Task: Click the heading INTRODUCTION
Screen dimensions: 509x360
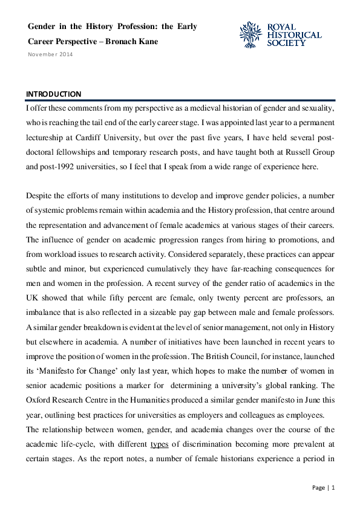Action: point(53,94)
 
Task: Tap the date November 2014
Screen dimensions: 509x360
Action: point(50,54)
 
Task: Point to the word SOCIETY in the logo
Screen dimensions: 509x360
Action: point(286,43)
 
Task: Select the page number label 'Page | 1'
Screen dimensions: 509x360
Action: point(323,487)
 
